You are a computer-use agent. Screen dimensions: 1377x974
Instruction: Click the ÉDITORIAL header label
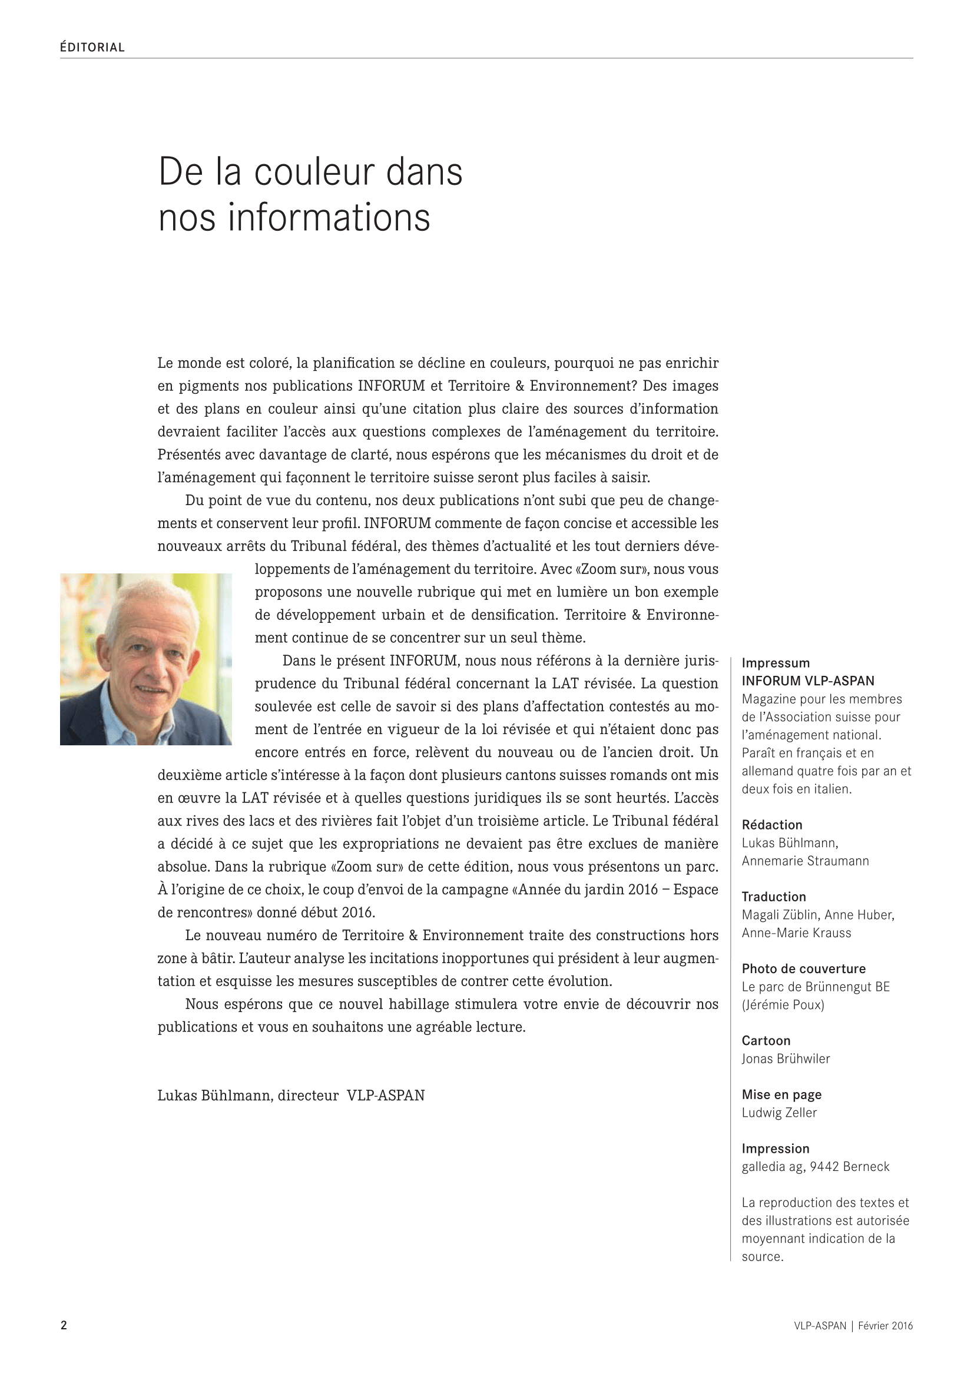pos(92,47)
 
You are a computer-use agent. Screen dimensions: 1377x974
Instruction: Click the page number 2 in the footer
pos(64,1325)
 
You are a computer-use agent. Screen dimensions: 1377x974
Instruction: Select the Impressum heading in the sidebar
pos(776,663)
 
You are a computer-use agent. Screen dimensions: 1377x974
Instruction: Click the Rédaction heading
pos(772,825)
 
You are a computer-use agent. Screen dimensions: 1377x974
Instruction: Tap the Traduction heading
pos(774,897)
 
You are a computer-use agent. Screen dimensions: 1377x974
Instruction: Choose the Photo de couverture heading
pos(804,968)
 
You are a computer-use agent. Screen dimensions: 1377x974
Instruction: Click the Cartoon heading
pos(766,1040)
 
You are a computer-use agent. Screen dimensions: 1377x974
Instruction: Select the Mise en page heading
pos(781,1094)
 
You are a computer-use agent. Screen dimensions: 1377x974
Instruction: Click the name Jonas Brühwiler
pos(786,1059)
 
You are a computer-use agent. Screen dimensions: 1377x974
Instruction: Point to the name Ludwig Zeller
pos(779,1113)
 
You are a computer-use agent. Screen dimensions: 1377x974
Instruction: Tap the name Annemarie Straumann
pos(805,861)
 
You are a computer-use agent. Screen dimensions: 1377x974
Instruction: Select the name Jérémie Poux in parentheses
pos(783,1004)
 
